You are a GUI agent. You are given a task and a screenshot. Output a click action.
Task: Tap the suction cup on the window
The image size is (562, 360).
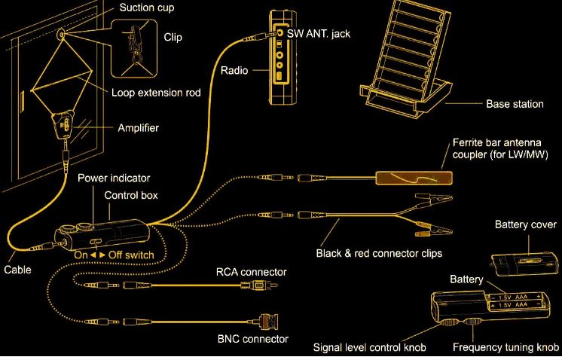click(60, 33)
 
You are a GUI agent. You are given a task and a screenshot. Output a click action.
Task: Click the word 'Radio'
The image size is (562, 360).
click(235, 71)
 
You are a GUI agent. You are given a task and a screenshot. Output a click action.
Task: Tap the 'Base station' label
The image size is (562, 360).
click(515, 104)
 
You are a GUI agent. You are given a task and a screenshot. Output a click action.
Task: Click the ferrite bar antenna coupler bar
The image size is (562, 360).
click(414, 179)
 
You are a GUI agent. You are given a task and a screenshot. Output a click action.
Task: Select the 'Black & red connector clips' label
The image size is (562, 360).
click(378, 252)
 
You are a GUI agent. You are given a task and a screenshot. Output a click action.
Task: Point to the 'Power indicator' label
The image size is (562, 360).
click(115, 178)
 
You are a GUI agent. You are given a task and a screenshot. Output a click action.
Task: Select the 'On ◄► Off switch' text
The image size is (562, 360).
click(114, 255)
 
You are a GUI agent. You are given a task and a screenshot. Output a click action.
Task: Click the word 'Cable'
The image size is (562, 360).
click(17, 269)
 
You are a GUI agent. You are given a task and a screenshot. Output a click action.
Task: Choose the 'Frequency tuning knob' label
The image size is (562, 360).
click(505, 348)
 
